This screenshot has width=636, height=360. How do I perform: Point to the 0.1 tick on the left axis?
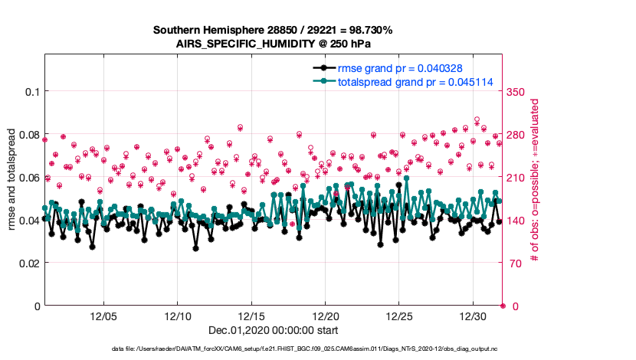30,92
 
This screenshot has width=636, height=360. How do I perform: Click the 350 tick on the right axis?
517,92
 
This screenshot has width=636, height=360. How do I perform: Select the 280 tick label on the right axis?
517,135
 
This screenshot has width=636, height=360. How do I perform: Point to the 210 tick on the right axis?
517,178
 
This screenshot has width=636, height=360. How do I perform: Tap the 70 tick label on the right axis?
514,263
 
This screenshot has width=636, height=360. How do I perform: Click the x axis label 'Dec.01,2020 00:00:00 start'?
272,330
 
